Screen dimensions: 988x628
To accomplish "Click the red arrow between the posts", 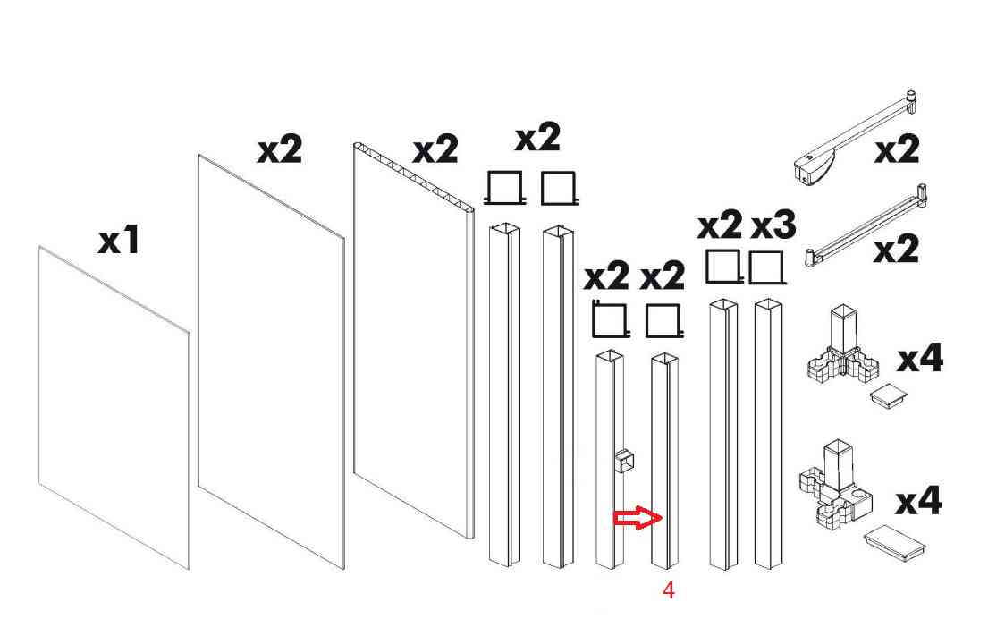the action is [638, 518].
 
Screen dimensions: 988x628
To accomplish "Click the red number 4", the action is [669, 590].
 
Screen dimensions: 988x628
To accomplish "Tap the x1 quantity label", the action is [118, 241].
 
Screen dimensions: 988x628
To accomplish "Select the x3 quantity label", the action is [773, 225].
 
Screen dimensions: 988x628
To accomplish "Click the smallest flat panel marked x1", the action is [114, 408].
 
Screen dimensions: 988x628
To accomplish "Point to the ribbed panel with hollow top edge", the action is [413, 341].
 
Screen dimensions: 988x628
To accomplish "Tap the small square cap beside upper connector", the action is [889, 395].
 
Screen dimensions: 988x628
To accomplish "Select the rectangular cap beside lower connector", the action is [895, 543].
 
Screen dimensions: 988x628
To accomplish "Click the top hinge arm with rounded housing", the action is [855, 138].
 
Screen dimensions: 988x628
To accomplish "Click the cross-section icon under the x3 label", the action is [767, 267].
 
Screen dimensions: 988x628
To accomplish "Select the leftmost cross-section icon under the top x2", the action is [504, 188].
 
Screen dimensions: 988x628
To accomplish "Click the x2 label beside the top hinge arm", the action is [897, 150].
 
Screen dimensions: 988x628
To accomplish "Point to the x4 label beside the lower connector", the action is [918, 501].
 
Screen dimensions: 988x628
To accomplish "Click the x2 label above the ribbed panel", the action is [435, 150].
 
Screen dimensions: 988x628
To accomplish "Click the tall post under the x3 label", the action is [769, 434].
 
